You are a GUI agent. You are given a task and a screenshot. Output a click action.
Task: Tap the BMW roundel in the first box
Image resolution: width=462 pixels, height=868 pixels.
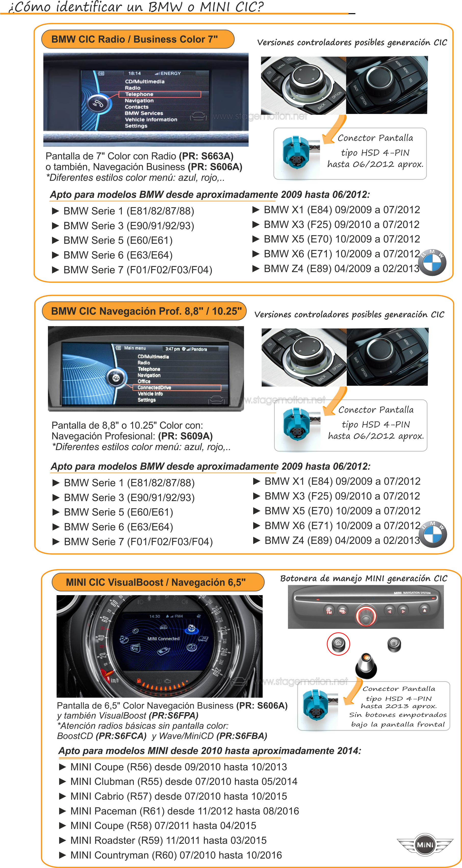click(433, 263)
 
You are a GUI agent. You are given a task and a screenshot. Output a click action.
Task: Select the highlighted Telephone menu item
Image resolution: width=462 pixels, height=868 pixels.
click(159, 94)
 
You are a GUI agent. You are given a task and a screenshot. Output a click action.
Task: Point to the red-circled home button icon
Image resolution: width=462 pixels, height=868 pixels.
click(338, 643)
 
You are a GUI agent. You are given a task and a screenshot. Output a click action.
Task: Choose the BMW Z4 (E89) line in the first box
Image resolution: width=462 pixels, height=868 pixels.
click(341, 269)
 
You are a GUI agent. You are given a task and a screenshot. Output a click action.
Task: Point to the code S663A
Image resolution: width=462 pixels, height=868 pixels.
click(217, 156)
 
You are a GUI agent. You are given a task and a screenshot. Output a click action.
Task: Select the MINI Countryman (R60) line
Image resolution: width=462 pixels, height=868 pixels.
click(176, 855)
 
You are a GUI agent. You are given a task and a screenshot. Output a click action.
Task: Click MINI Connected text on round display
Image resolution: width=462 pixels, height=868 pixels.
click(163, 639)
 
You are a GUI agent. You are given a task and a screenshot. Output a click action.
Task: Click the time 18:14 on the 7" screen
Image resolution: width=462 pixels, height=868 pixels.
click(134, 73)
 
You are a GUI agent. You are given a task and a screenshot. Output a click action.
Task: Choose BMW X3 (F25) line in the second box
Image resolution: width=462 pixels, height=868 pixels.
click(342, 496)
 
